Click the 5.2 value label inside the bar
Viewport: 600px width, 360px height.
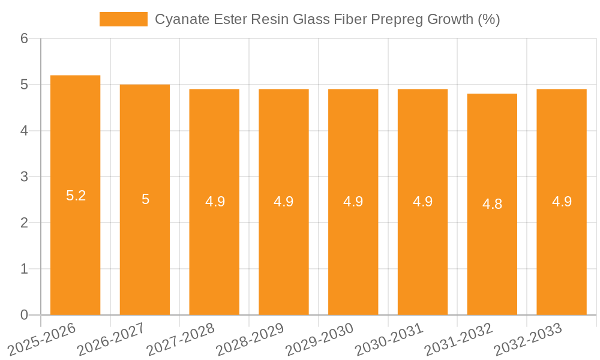coord(76,196)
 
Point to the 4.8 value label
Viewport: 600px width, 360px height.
coord(492,204)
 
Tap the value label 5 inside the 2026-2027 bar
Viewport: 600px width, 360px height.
coord(145,199)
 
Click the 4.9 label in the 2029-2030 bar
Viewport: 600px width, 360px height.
coord(353,202)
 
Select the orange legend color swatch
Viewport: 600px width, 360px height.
coord(123,19)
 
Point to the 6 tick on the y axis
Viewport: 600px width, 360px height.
coord(24,39)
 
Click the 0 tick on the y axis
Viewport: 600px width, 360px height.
coord(24,315)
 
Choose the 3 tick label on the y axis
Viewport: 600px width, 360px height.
coord(24,177)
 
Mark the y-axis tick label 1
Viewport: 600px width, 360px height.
coord(24,269)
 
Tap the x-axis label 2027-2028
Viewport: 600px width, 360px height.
coord(180,339)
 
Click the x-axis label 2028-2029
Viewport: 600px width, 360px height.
coord(250,339)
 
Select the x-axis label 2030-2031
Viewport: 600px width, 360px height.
coord(389,339)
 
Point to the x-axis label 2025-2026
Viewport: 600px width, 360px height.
coord(41,339)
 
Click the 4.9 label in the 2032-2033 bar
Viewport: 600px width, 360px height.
coord(562,202)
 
